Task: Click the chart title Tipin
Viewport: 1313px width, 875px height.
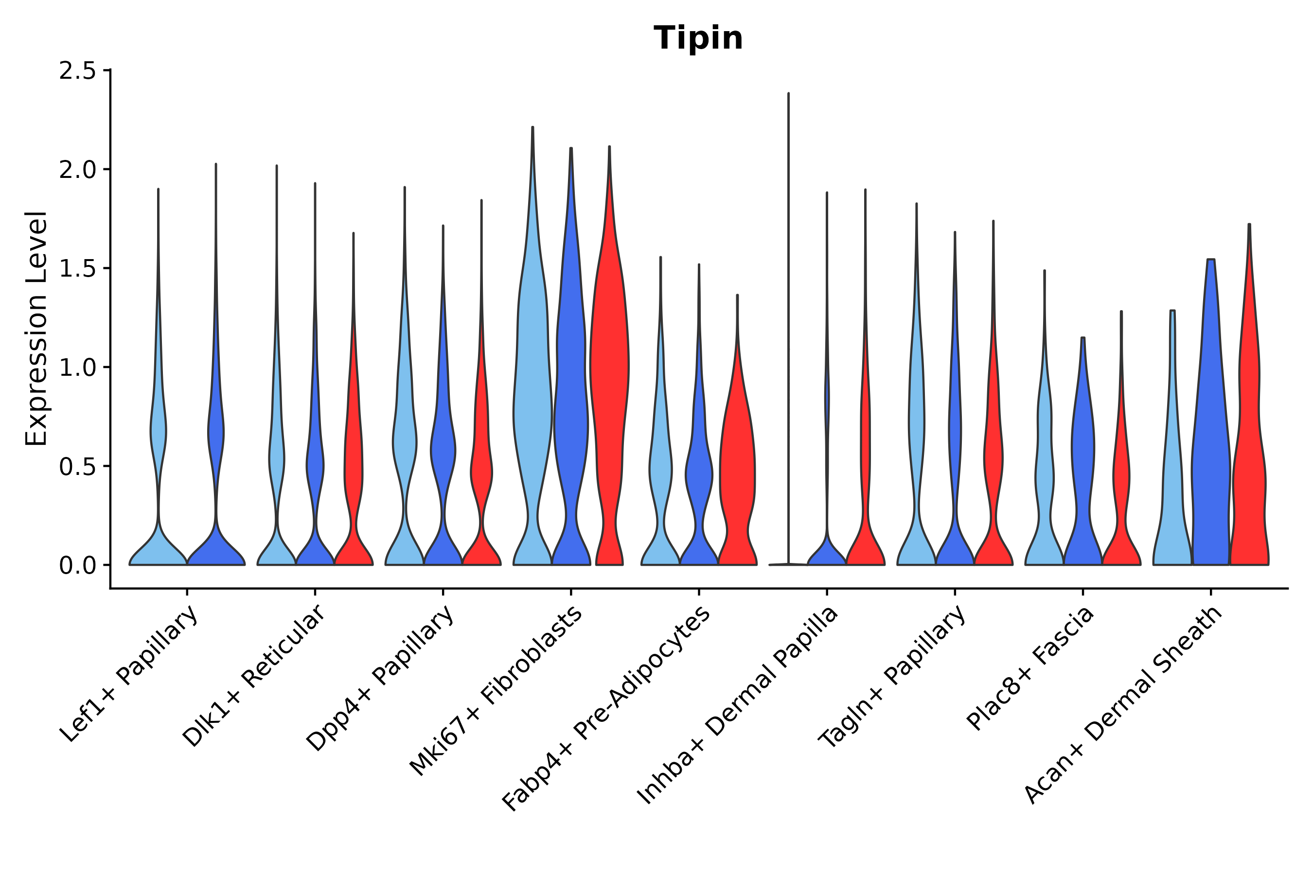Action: [698, 38]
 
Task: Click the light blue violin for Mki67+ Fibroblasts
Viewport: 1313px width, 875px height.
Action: [532, 391]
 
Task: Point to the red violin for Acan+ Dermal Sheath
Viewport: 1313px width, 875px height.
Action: [1248, 446]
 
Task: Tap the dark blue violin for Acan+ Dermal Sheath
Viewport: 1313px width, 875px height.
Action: [1210, 446]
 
